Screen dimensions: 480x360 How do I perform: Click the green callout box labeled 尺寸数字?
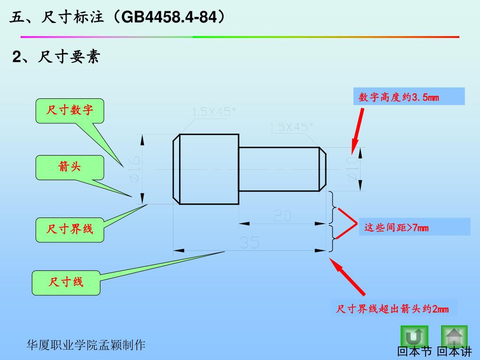coord(70,111)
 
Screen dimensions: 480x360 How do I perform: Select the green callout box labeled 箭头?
coord(70,167)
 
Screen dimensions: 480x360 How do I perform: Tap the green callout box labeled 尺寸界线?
coord(70,229)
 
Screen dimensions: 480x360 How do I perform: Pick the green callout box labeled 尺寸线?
coord(66,282)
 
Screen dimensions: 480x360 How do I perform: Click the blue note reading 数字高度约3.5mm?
coord(408,97)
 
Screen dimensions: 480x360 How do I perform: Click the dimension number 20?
coord(282,216)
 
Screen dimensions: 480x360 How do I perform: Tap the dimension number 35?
coord(250,243)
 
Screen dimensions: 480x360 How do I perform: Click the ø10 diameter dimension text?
coord(352,169)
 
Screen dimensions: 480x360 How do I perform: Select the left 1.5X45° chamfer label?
coord(214,112)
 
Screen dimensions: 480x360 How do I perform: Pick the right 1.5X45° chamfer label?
coord(292,127)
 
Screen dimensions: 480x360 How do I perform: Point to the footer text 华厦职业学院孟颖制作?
coord(86,345)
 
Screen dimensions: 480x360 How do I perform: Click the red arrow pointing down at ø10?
coord(357,129)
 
